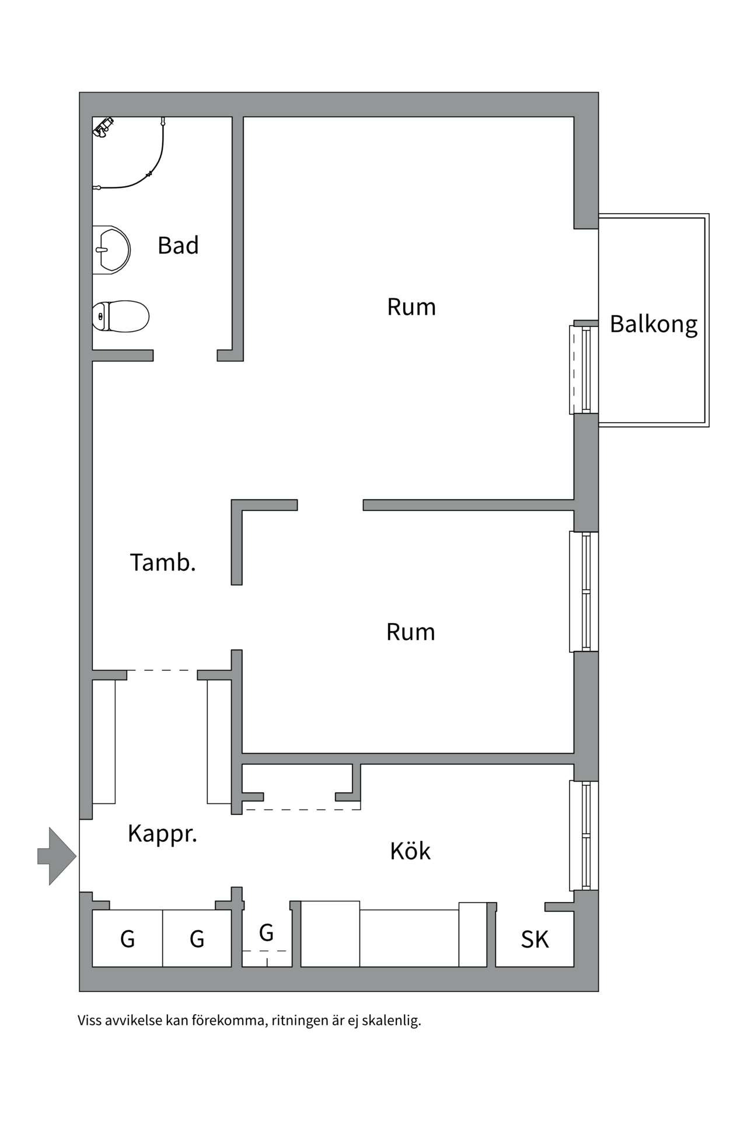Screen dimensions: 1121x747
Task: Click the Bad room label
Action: pyautogui.click(x=178, y=246)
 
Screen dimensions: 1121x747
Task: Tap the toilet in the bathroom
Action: pyautogui.click(x=121, y=316)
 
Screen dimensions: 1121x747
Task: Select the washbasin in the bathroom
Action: pyautogui.click(x=111, y=250)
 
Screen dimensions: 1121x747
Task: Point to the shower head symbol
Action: pyautogui.click(x=103, y=127)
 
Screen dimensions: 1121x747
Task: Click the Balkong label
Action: pyautogui.click(x=653, y=325)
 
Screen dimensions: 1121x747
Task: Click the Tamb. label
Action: pyautogui.click(x=162, y=563)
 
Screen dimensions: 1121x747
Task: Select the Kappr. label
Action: pyautogui.click(x=162, y=834)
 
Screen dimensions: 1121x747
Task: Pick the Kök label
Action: pyautogui.click(x=410, y=851)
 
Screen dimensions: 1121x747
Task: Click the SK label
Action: pyautogui.click(x=535, y=939)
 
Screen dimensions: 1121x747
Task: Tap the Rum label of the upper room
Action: pyautogui.click(x=411, y=307)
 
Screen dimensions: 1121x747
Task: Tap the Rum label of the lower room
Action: pyautogui.click(x=411, y=632)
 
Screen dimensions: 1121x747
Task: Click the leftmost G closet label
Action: pyautogui.click(x=127, y=939)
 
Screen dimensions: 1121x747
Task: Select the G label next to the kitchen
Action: pyautogui.click(x=266, y=933)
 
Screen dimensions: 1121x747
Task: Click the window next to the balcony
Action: pyautogui.click(x=584, y=370)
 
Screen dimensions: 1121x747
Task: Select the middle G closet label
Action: pyautogui.click(x=197, y=939)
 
